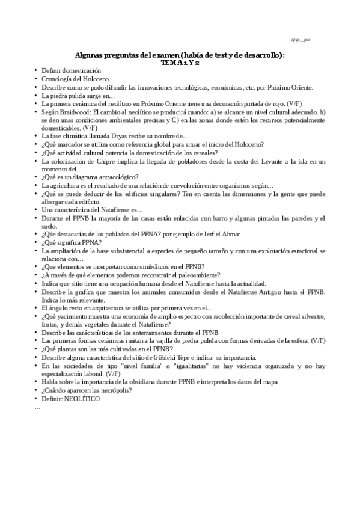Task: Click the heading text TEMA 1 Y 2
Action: click(x=180, y=62)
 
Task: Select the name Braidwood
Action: click(x=73, y=112)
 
